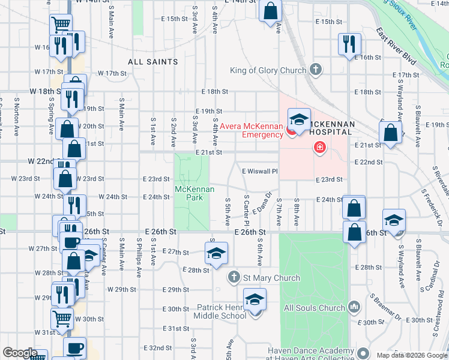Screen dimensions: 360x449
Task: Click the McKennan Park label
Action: click(191, 193)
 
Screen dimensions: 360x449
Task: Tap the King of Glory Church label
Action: click(268, 70)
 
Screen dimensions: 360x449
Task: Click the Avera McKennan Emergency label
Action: click(251, 130)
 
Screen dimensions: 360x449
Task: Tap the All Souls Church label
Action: click(314, 308)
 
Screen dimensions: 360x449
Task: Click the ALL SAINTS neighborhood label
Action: click(152, 62)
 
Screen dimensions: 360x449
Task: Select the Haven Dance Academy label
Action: click(312, 351)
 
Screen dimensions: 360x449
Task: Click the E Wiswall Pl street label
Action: click(260, 171)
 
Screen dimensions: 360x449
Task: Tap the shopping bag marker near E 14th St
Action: click(271, 11)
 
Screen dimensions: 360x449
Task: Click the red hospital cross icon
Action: click(319, 147)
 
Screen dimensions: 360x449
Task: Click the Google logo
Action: click(19, 353)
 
